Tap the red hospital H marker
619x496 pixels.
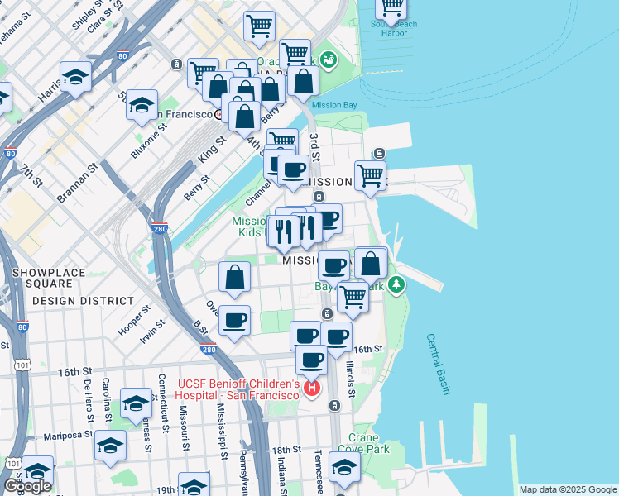click(x=312, y=387)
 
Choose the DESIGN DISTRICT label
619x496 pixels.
click(x=83, y=301)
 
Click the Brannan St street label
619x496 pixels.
click(x=77, y=183)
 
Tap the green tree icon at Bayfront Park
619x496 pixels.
click(x=398, y=285)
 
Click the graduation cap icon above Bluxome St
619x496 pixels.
click(x=142, y=106)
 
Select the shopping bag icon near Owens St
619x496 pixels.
click(x=235, y=278)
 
